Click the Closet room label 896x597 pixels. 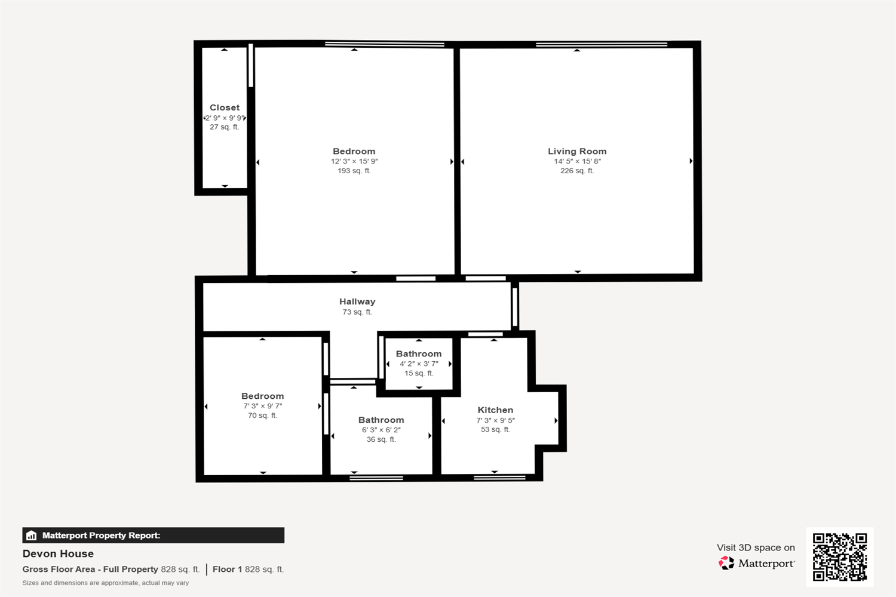tap(225, 107)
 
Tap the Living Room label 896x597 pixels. tap(577, 151)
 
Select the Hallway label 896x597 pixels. tap(357, 301)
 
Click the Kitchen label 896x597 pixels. tap(495, 410)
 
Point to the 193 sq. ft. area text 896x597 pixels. tap(354, 171)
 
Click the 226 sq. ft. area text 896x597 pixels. tap(577, 171)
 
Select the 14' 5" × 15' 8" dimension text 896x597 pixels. tap(577, 161)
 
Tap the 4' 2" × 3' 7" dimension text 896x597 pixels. tap(419, 364)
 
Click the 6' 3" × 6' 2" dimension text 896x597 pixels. tap(381, 430)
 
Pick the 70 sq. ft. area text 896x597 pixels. tap(262, 416)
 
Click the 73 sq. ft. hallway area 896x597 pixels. tap(357, 312)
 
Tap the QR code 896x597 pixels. tap(840, 557)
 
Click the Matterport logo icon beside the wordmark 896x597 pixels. tap(726, 563)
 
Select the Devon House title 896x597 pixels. tap(58, 553)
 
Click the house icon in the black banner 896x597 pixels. tap(31, 536)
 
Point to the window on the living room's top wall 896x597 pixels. tap(602, 44)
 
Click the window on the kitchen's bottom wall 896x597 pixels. tap(499, 478)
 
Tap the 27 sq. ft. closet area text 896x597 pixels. tap(225, 127)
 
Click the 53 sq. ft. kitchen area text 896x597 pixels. tap(495, 429)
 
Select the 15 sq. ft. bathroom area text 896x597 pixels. tap(419, 373)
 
